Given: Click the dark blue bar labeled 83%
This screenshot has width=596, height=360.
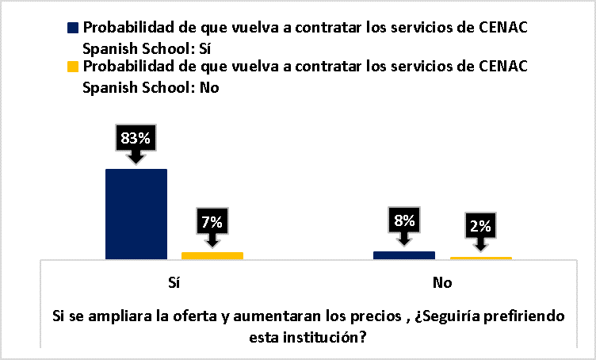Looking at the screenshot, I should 136,213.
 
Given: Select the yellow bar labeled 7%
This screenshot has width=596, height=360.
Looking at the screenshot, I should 212,255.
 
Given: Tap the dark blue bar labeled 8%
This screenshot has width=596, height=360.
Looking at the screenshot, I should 404,255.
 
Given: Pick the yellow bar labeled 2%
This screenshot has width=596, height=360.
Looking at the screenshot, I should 481,258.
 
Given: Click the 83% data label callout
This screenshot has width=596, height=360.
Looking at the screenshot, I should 136,138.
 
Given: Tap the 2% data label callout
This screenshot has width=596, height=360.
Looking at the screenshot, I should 481,226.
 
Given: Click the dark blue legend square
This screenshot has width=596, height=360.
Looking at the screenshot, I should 74,28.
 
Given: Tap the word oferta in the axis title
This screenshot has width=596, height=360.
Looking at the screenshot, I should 194,316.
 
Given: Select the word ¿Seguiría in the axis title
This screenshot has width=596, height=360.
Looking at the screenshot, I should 455,316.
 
